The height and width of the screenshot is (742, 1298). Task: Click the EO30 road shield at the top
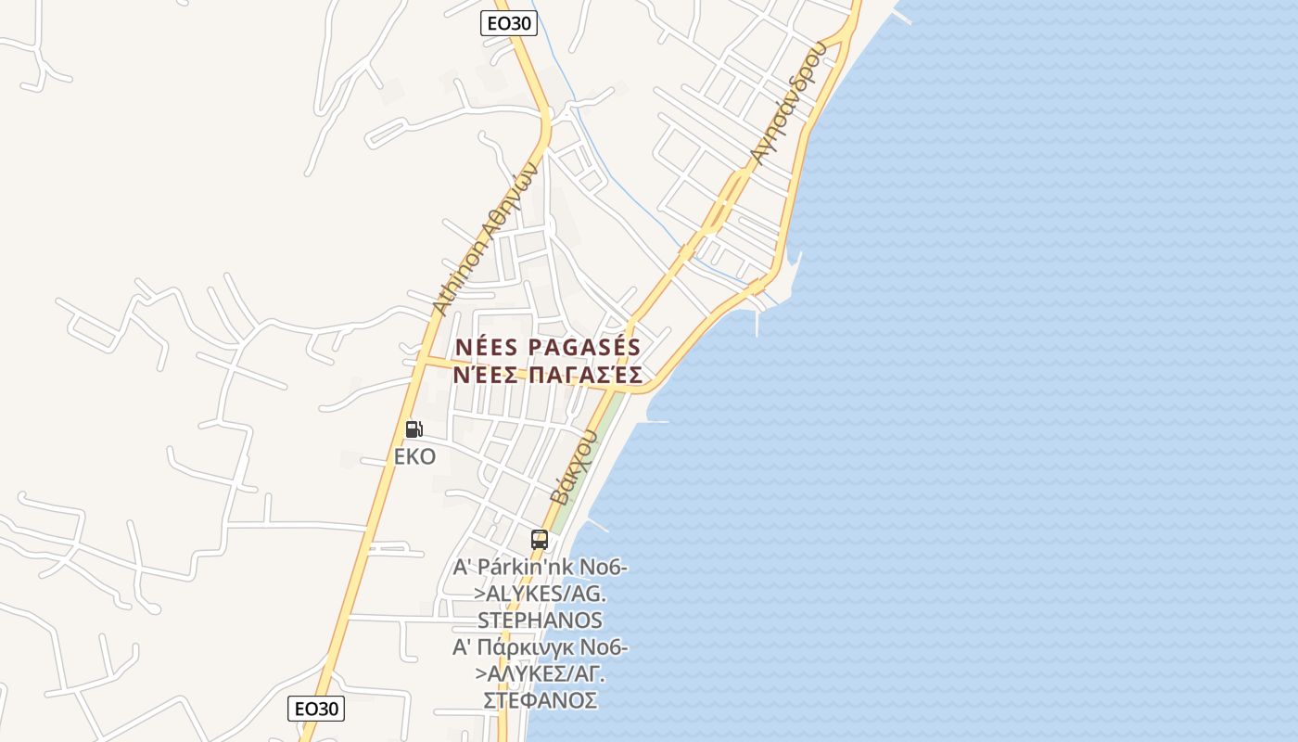tap(509, 23)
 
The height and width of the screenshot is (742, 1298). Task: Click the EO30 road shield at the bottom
tap(316, 709)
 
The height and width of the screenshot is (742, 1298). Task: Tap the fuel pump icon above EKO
tap(414, 429)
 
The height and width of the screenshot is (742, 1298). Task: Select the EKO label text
tap(414, 456)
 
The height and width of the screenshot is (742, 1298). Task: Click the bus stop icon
tap(539, 539)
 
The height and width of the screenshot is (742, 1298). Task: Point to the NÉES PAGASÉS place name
tap(548, 347)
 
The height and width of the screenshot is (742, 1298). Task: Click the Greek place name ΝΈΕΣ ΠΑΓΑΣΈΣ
tap(548, 375)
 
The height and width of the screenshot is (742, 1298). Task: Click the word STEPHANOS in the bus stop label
tap(540, 620)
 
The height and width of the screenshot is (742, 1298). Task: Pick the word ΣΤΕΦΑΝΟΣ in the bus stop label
tap(540, 699)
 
